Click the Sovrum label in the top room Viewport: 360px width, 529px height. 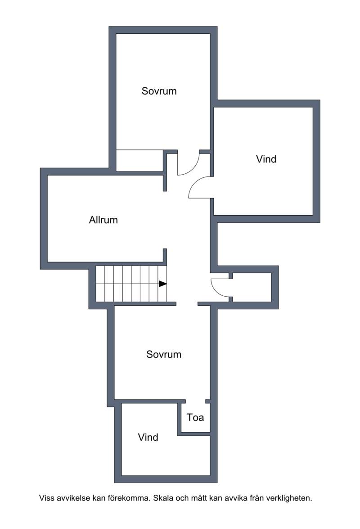(x=159, y=91)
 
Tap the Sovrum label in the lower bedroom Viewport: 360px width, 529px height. (x=164, y=354)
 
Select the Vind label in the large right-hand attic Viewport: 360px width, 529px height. (x=266, y=159)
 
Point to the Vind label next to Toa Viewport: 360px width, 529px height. (x=148, y=437)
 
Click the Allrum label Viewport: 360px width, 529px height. (x=103, y=220)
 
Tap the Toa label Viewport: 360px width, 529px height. (x=195, y=418)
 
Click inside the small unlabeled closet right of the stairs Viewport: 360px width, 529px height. (x=252, y=287)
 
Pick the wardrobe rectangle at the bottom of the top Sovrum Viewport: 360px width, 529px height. (x=140, y=161)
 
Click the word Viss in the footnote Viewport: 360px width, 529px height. (x=46, y=498)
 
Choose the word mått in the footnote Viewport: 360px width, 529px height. (x=199, y=498)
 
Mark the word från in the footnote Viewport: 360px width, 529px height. (x=257, y=498)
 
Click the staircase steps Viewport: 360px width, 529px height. (x=131, y=284)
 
